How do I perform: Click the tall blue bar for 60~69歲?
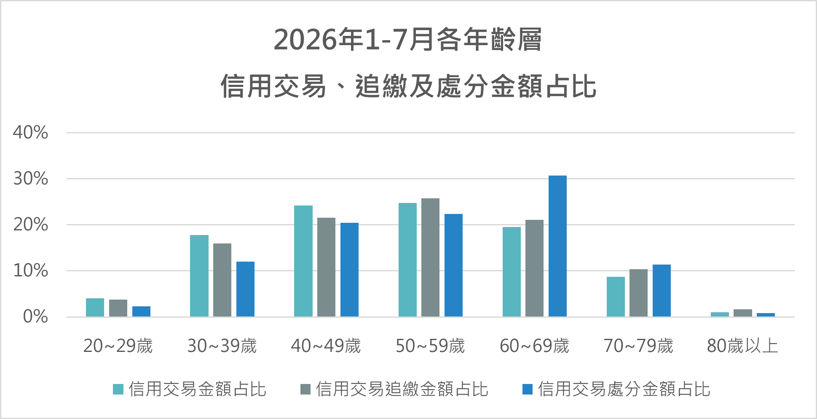pyautogui.click(x=557, y=246)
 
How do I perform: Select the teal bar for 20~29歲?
pyautogui.click(x=95, y=308)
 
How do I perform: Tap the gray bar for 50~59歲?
pyautogui.click(x=430, y=257)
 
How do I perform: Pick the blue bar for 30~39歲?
pyautogui.click(x=245, y=289)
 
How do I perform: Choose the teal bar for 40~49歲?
pyautogui.click(x=303, y=261)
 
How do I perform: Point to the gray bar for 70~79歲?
pyautogui.click(x=638, y=293)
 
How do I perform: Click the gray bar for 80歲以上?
pyautogui.click(x=742, y=313)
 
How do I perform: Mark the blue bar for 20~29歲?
pyautogui.click(x=141, y=311)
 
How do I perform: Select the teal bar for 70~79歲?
pyautogui.click(x=616, y=297)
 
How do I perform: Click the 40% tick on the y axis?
pyautogui.click(x=30, y=132)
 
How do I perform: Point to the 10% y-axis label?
pyautogui.click(x=30, y=270)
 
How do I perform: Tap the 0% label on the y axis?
pyautogui.click(x=35, y=316)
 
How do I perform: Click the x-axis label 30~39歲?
pyautogui.click(x=222, y=346)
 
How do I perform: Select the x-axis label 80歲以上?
pyautogui.click(x=742, y=346)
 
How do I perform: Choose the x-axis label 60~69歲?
pyautogui.click(x=534, y=346)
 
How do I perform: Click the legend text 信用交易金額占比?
pyautogui.click(x=198, y=389)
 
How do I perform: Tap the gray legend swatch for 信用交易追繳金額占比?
pyautogui.click(x=305, y=389)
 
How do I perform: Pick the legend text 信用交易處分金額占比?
pyautogui.click(x=624, y=389)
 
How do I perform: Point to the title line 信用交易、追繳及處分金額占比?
pyautogui.click(x=408, y=86)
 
